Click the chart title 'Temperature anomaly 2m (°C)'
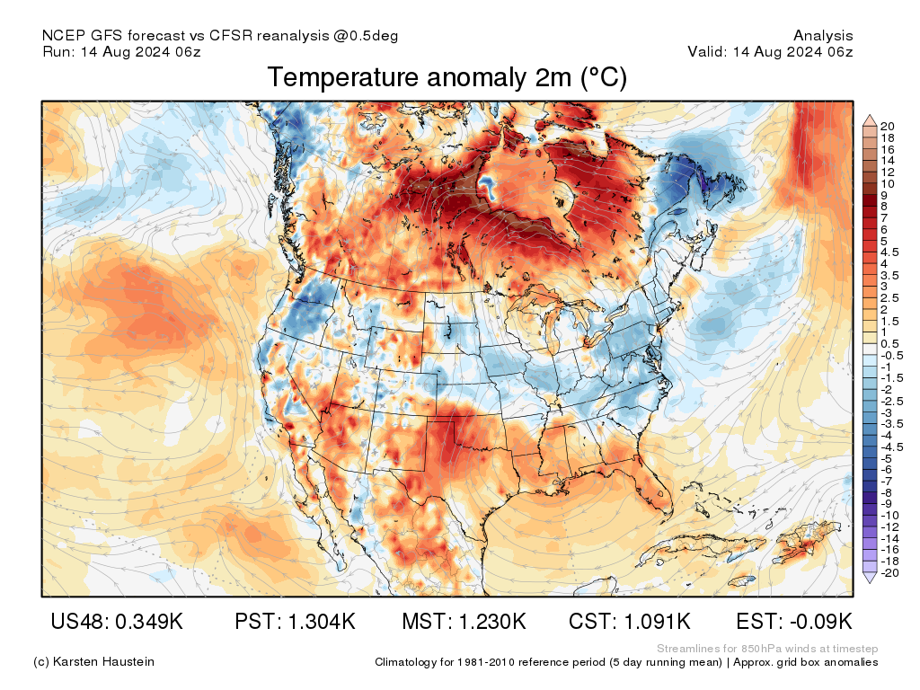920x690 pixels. pyautogui.click(x=447, y=78)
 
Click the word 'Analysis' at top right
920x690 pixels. pyautogui.click(x=823, y=36)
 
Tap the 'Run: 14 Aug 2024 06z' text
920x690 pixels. pyautogui.click(x=121, y=52)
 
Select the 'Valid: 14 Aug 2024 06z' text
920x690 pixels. pyautogui.click(x=770, y=52)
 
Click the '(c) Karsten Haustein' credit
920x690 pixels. pyautogui.click(x=93, y=662)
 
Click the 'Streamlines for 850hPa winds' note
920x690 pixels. pyautogui.click(x=767, y=649)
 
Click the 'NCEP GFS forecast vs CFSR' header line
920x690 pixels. pyautogui.click(x=220, y=36)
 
